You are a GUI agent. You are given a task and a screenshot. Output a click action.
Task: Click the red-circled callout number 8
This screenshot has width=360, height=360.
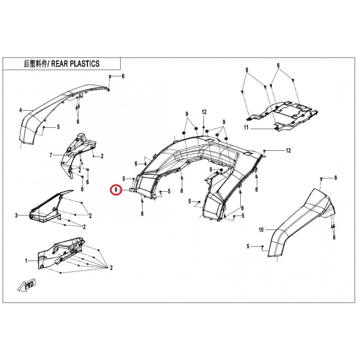pyautogui.click(x=116, y=190)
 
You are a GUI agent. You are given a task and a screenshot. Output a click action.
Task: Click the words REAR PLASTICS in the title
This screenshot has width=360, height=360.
pyautogui.click(x=75, y=63)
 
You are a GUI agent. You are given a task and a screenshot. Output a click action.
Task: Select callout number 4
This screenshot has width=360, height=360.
pyautogui.click(x=20, y=111)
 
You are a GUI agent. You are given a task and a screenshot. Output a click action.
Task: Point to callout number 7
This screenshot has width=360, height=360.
pyautogui.click(x=51, y=155)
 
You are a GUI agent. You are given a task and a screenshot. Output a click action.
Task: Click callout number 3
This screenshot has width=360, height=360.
pyautogui.click(x=16, y=216)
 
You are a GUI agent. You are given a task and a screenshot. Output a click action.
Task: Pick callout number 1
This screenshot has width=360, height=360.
pyautogui.click(x=26, y=261)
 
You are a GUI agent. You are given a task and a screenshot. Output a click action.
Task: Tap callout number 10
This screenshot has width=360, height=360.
pyautogui.click(x=261, y=229)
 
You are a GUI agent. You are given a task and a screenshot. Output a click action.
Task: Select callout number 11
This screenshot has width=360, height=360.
pyautogui.click(x=246, y=127)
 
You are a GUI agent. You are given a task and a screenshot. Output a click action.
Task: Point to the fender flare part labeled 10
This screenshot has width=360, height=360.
pyautogui.click(x=298, y=225)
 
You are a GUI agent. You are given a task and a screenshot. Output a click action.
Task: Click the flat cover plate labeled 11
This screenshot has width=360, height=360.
pyautogui.click(x=283, y=115)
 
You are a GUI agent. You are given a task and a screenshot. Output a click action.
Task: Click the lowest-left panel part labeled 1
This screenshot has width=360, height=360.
pyautogui.click(x=60, y=252)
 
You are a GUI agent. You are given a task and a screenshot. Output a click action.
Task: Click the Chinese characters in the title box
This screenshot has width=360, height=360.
pyautogui.click(x=36, y=63)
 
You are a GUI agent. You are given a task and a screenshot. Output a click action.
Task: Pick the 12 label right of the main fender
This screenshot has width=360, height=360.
pyautogui.click(x=288, y=150)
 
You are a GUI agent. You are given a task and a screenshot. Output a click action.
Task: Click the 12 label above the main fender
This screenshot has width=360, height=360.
pyautogui.click(x=204, y=112)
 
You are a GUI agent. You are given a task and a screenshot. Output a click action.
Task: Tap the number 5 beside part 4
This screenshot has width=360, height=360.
pyautogui.click(x=58, y=127)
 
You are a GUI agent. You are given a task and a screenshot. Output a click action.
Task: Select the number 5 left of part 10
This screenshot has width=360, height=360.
pyautogui.click(x=248, y=246)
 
